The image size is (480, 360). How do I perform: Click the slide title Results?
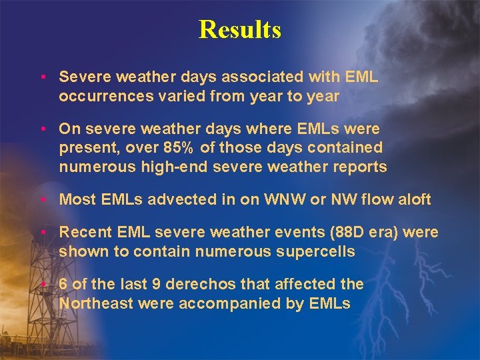pos(240,29)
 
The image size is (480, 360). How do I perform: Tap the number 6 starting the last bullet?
pos(63,284)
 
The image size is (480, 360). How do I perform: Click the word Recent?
pos(81,233)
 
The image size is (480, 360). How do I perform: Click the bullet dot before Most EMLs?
pos(43,199)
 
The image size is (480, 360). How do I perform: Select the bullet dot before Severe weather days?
pos(43,77)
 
